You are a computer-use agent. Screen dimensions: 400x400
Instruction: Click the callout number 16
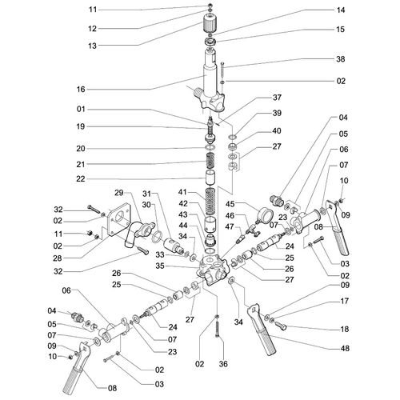(x=81, y=89)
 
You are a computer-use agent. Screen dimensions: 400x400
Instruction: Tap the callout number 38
(x=341, y=59)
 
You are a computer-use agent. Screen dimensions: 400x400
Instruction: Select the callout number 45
(x=230, y=204)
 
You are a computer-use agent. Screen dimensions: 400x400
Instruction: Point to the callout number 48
(x=345, y=348)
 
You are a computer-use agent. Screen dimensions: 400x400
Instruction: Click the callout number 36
(x=223, y=364)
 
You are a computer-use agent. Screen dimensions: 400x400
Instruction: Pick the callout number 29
(x=119, y=193)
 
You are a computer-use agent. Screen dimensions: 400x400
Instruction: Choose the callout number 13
(x=92, y=46)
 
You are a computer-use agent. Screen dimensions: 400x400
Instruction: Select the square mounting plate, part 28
(x=118, y=218)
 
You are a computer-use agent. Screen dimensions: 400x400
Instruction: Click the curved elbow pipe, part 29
(x=137, y=231)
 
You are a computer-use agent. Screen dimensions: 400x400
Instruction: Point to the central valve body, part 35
(x=212, y=268)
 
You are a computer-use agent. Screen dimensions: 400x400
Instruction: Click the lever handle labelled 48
(x=262, y=330)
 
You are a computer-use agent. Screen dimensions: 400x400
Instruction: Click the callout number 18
(x=345, y=329)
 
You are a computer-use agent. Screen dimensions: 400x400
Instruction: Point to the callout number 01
(x=81, y=109)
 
